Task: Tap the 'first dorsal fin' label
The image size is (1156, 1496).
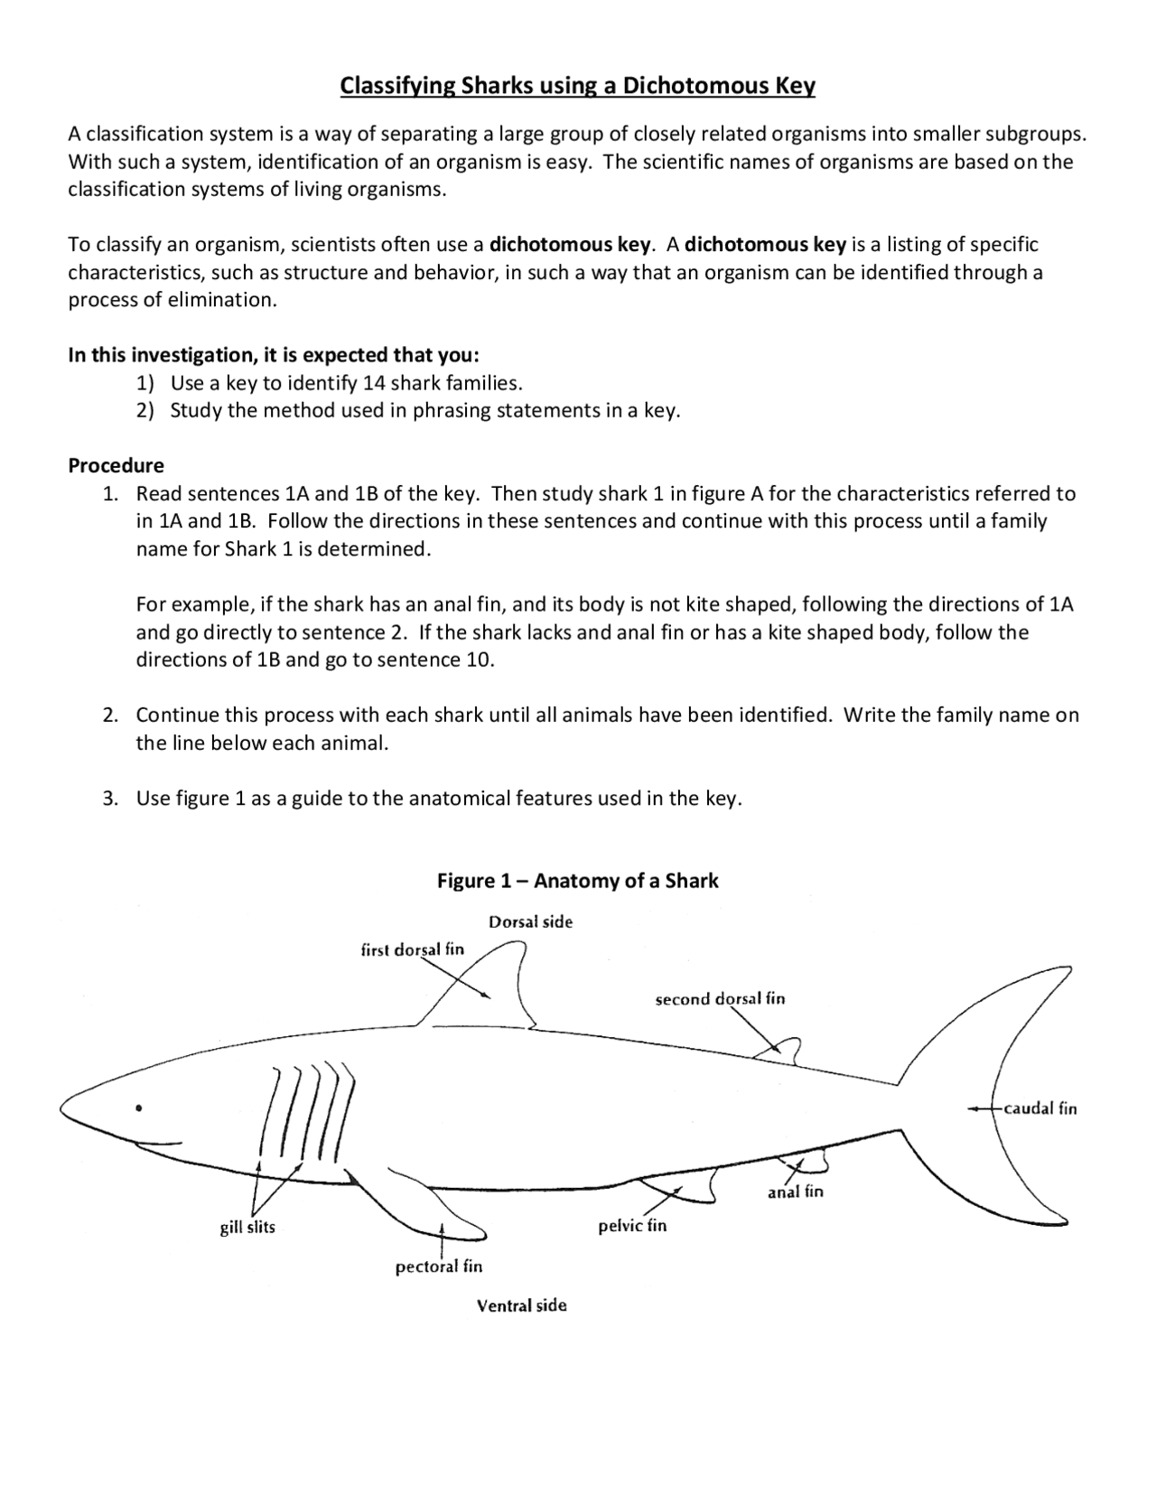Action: pos(412,949)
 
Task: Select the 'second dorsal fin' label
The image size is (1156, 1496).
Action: pos(720,998)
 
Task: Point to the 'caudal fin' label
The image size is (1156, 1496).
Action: pos(1040,1108)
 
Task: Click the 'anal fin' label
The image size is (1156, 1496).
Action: pos(796,1192)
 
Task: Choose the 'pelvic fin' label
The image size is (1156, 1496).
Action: pos(632,1226)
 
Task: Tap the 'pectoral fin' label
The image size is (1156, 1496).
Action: pos(439,1267)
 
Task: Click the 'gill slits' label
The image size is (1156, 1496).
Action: pos(247,1227)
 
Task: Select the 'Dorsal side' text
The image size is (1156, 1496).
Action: pos(530,921)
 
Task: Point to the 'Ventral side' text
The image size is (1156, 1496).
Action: pos(522,1305)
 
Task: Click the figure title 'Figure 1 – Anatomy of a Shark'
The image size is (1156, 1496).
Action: pos(577,881)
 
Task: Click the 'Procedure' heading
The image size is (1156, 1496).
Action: pos(117,466)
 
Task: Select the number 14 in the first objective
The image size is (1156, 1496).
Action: pos(374,383)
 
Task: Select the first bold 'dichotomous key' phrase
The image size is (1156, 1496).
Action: pos(569,245)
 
